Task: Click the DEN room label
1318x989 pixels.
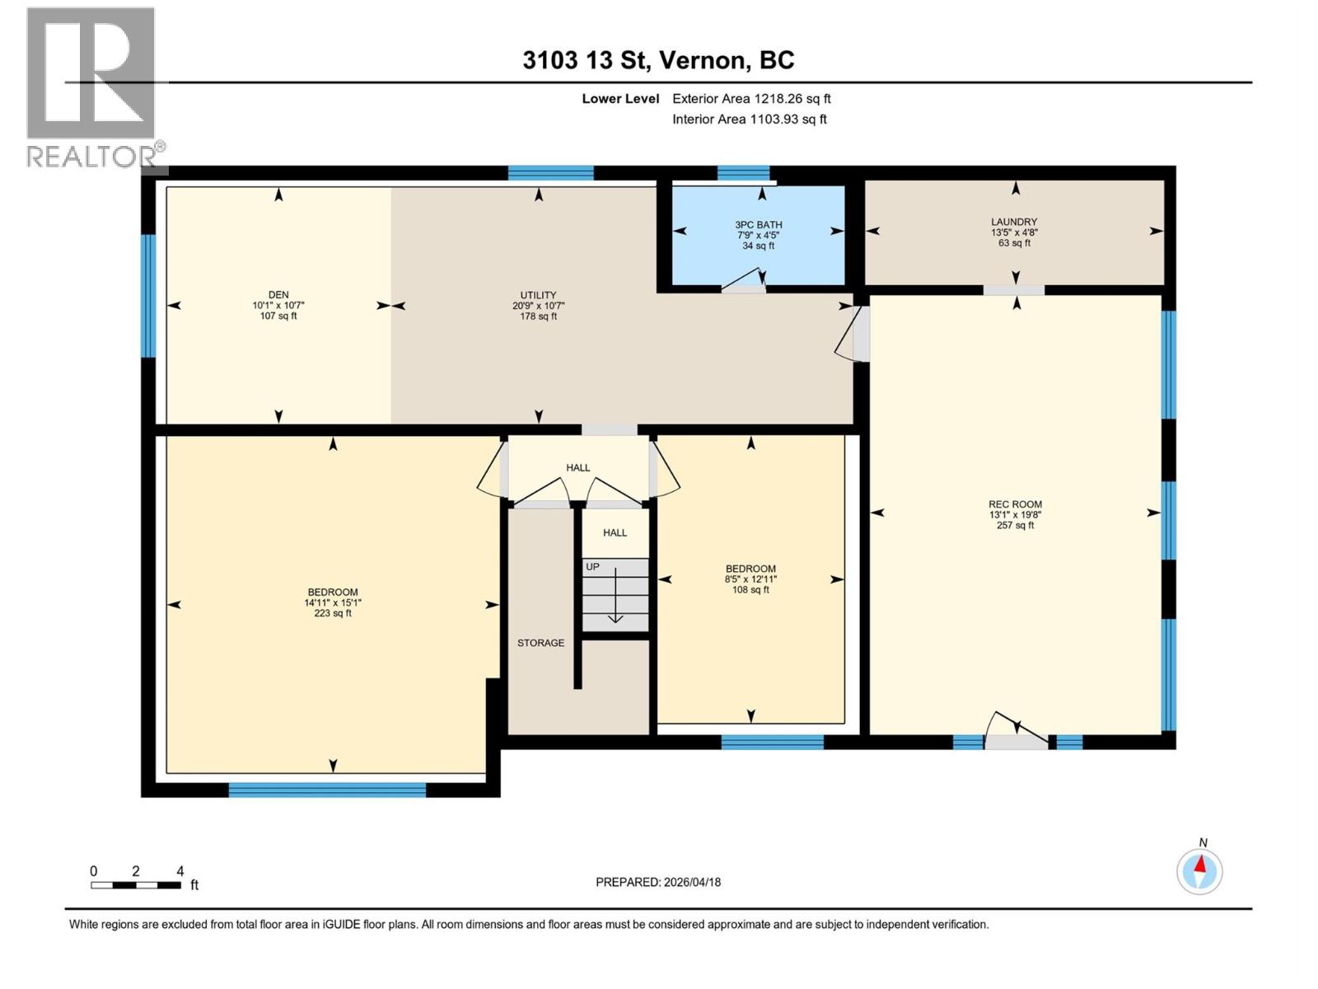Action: point(278,295)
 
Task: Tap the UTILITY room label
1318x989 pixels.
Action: point(538,295)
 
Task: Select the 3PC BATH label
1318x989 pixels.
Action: point(759,225)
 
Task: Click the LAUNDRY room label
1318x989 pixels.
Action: point(1014,222)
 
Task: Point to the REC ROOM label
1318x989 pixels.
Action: point(1015,504)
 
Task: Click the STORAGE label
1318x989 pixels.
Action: point(540,643)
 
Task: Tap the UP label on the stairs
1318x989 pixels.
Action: point(592,567)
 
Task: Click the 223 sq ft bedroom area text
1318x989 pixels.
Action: point(333,613)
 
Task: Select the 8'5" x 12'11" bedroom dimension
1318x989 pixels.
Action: point(750,579)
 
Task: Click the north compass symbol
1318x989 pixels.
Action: point(1200,870)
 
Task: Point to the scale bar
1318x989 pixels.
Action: point(136,885)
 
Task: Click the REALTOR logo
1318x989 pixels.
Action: point(91,87)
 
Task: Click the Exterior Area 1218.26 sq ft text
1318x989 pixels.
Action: point(751,99)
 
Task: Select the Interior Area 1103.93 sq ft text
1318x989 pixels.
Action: point(749,120)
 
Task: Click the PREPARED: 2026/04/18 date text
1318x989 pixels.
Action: point(658,882)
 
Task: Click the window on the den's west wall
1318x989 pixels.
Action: point(148,296)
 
